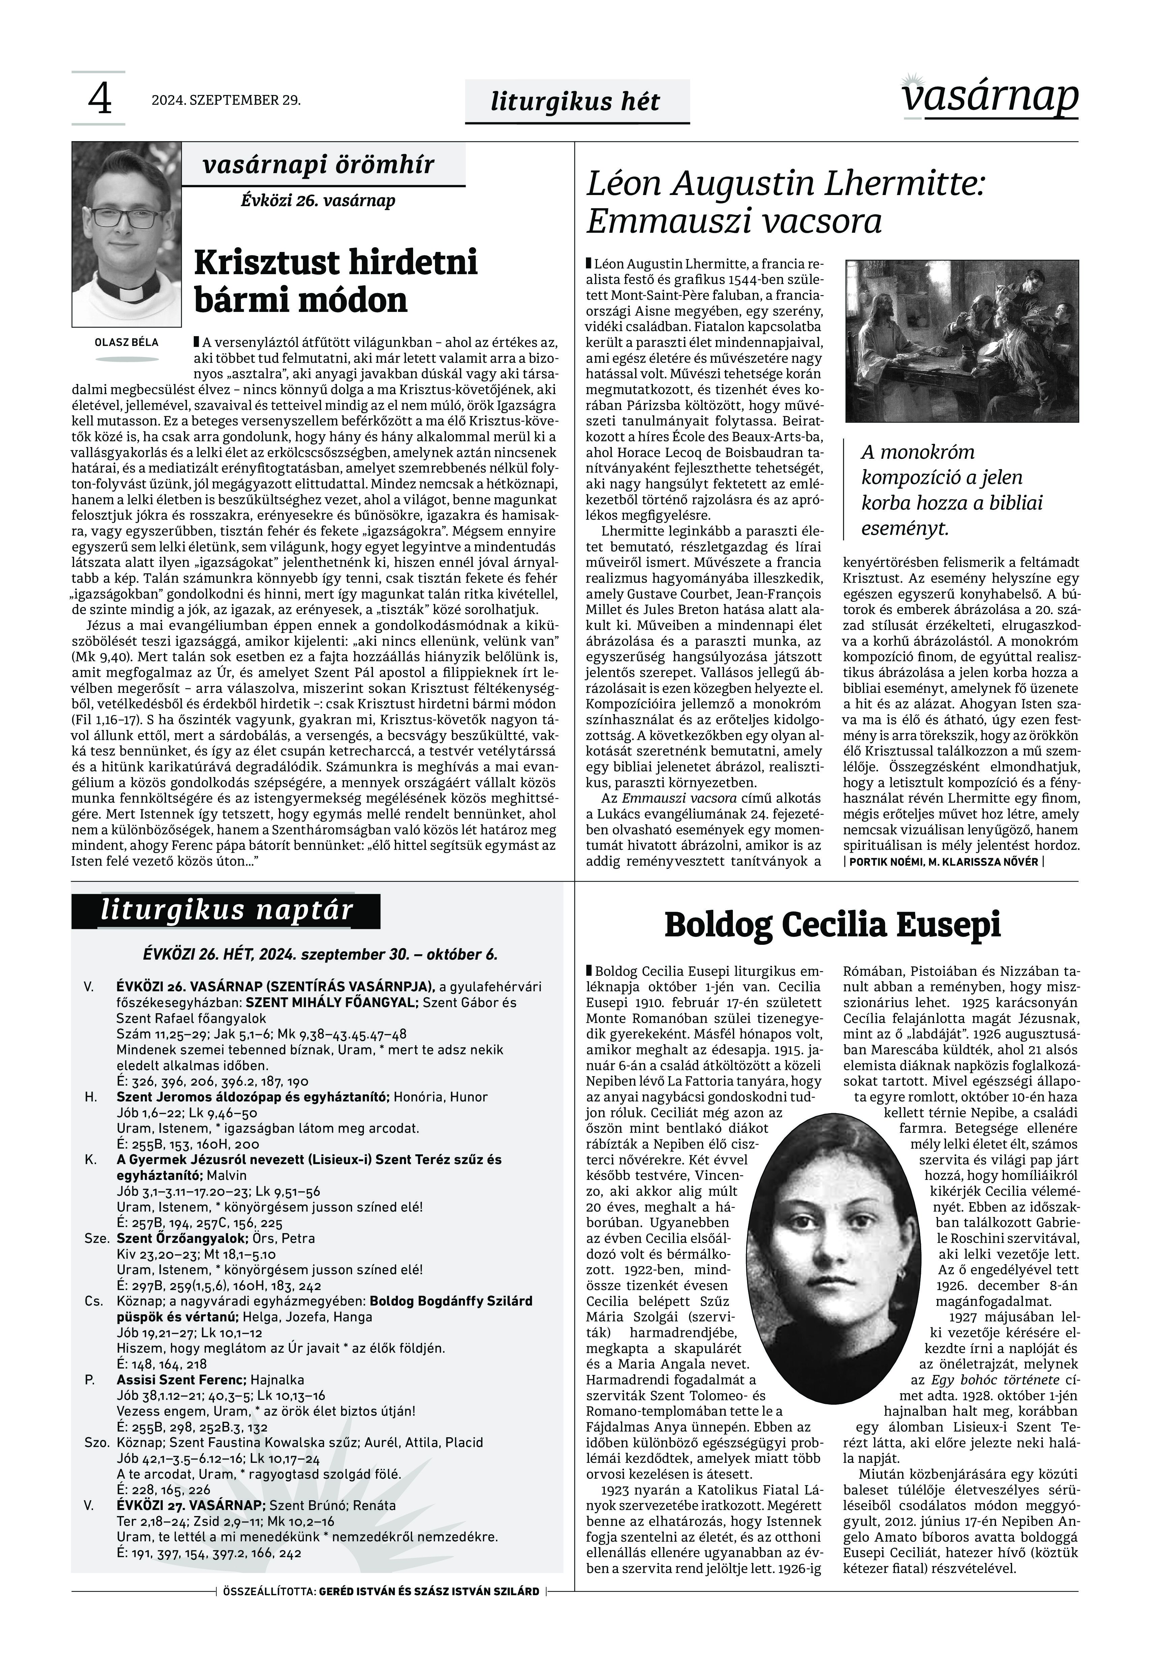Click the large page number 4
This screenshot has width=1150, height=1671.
[99, 99]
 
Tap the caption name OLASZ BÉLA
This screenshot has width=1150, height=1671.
[127, 342]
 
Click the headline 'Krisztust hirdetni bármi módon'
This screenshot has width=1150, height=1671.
[336, 281]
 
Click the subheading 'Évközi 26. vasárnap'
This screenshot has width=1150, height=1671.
[318, 200]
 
